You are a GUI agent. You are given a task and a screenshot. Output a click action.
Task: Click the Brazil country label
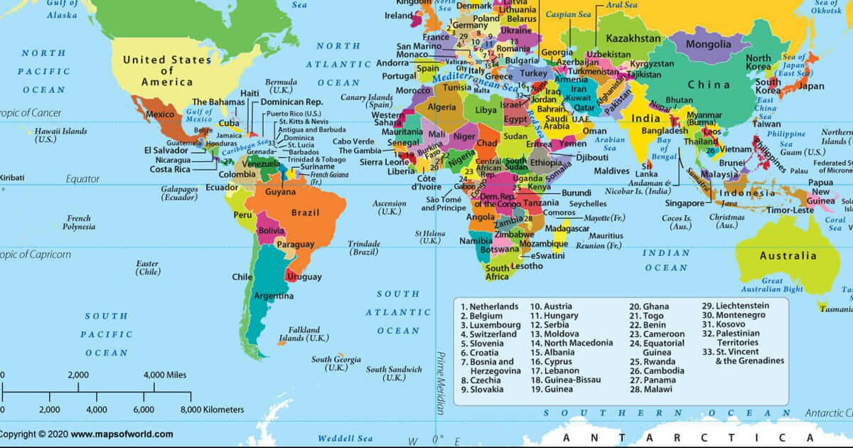pos(306,213)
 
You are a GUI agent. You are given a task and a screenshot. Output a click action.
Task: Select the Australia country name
pos(788,256)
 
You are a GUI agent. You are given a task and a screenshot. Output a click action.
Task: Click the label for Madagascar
pos(568,229)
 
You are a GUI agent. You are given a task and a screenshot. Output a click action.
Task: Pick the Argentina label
pos(273,296)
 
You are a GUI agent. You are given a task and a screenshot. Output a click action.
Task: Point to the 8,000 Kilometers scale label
pos(213,410)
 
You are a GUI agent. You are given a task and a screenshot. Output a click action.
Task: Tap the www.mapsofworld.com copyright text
pos(122,434)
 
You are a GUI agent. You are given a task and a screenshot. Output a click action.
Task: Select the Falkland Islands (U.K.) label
pos(304,334)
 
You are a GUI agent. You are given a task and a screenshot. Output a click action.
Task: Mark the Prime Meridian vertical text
pos(441,384)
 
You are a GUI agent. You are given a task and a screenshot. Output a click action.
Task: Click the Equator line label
pos(82,178)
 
